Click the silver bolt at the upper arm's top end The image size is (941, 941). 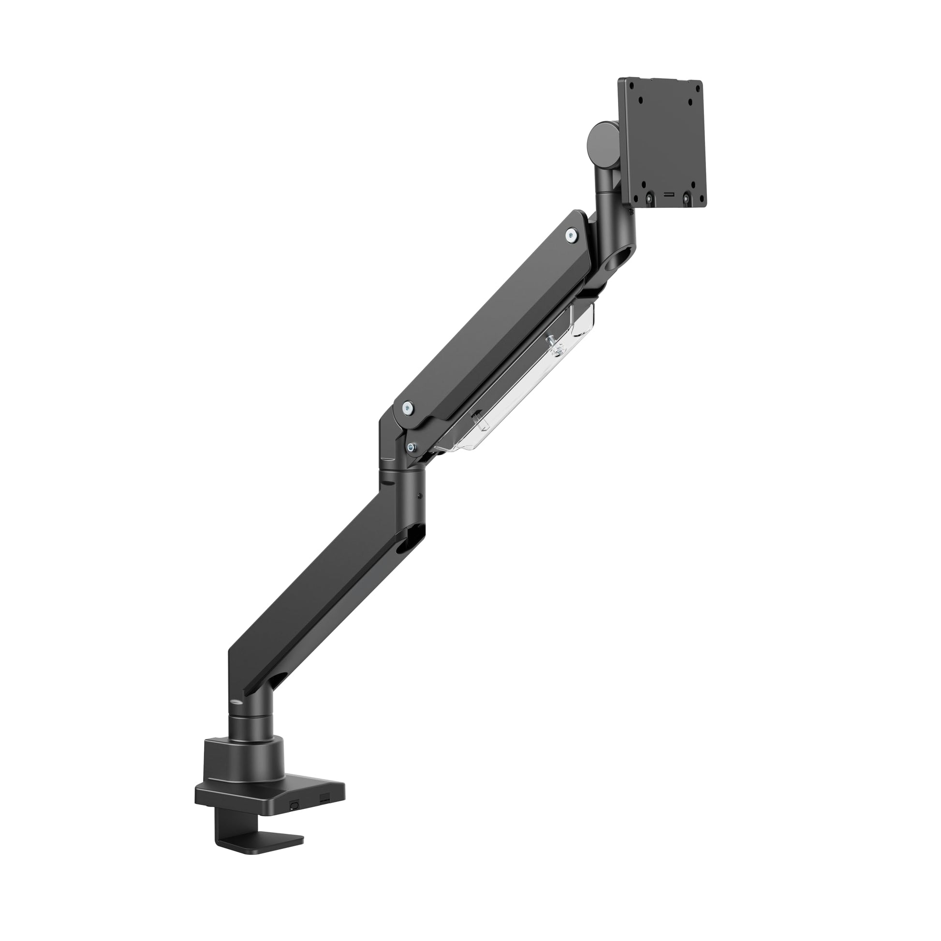click(570, 235)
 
